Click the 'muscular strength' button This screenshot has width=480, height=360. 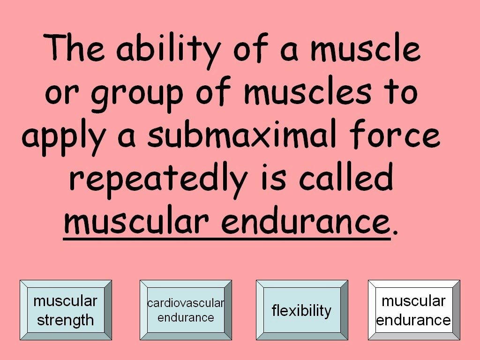(66, 310)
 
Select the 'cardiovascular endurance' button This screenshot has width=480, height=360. (186, 310)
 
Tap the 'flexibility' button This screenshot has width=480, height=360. (302, 310)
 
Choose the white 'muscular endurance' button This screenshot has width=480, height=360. (414, 310)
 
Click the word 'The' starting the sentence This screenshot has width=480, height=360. (74, 47)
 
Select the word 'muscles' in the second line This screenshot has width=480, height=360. (307, 91)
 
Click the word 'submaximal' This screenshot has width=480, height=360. (242, 134)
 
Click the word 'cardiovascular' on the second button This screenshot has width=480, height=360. (186, 303)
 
